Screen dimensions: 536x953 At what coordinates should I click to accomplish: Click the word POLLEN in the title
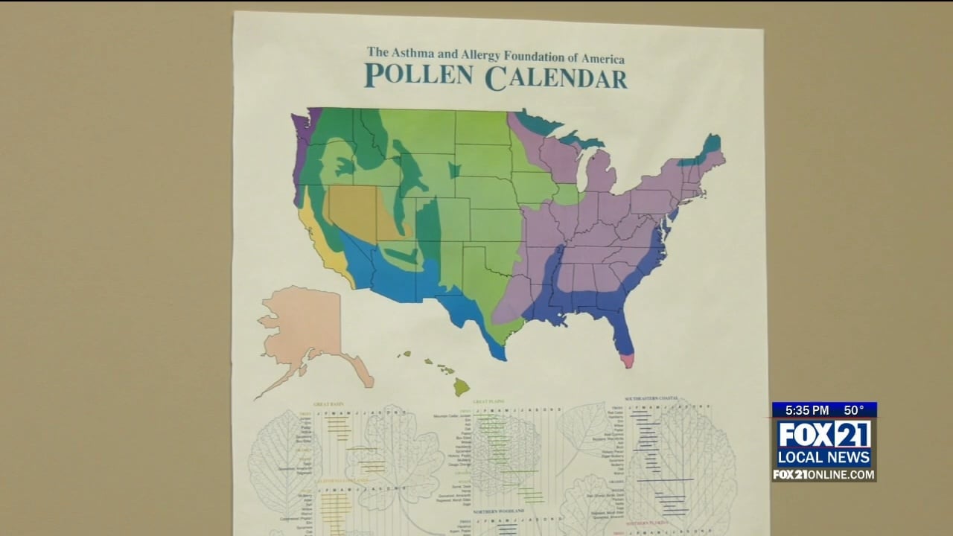click(x=419, y=76)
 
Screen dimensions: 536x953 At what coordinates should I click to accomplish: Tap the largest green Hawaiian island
click(x=462, y=386)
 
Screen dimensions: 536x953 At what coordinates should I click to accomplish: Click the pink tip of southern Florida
click(x=628, y=361)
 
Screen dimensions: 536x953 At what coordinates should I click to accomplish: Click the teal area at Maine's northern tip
click(x=713, y=142)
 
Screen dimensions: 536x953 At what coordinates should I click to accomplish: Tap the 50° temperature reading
click(x=854, y=410)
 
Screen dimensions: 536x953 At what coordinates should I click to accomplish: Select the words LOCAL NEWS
click(x=823, y=457)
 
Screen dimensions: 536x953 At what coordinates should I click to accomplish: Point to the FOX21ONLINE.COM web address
click(x=823, y=474)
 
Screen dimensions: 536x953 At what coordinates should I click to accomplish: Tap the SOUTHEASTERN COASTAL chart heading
click(x=651, y=398)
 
